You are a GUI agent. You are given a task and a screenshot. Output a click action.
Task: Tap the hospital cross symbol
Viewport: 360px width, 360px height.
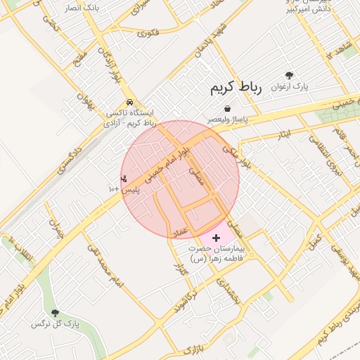(x=216, y=239)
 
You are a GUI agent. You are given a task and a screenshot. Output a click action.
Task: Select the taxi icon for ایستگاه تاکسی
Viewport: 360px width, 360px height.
(x=129, y=102)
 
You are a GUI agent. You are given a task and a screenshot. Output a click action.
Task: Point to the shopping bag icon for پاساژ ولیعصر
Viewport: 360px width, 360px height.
(x=228, y=109)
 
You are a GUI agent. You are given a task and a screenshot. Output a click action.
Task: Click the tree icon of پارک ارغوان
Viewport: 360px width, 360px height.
(x=289, y=75)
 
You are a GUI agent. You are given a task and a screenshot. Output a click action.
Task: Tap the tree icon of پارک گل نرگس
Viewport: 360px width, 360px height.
(x=56, y=313)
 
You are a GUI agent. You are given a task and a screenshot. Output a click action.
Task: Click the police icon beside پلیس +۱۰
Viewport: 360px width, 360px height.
(x=124, y=179)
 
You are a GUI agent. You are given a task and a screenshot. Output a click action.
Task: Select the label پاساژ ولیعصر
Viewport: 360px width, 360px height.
(x=230, y=120)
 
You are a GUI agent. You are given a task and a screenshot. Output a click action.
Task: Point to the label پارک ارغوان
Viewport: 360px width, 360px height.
(x=290, y=86)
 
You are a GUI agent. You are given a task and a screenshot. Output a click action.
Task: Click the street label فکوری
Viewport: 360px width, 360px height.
(x=149, y=32)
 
